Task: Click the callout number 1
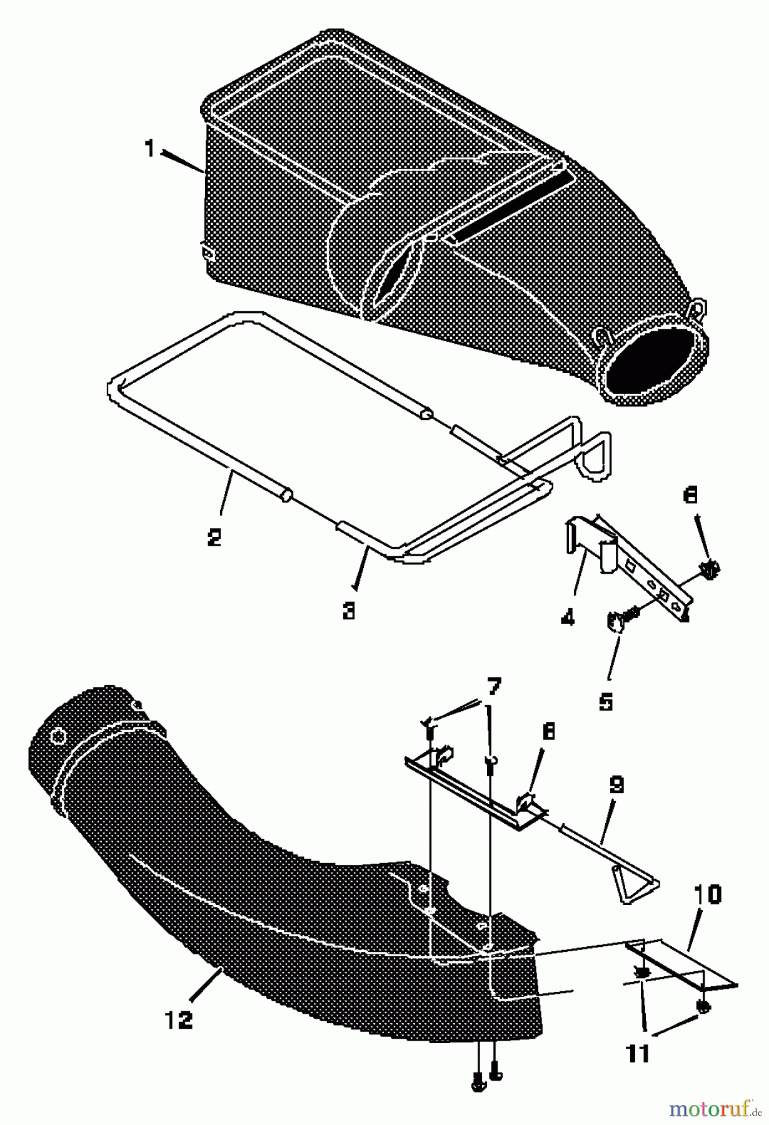(149, 149)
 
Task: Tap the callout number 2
(214, 537)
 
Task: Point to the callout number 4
(568, 618)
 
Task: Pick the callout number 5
(605, 702)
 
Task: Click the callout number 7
(493, 687)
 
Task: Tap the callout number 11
(638, 1054)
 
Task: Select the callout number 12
(179, 1020)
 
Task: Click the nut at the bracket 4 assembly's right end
(709, 569)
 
